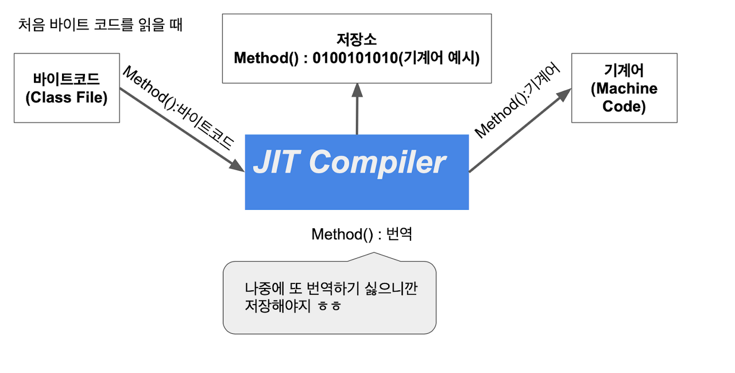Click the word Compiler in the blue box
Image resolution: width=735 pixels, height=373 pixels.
(377, 163)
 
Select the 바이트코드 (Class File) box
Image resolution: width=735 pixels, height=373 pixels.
(67, 87)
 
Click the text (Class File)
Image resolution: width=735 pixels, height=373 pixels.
(67, 98)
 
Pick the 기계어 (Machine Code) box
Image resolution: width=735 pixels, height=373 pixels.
(624, 87)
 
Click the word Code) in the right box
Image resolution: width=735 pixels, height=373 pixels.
(624, 107)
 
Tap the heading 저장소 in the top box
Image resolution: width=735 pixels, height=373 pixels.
(357, 40)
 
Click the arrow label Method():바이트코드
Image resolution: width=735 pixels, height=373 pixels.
(179, 108)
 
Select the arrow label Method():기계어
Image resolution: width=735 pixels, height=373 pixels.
(516, 101)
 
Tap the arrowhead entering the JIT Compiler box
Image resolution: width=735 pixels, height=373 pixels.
(238, 166)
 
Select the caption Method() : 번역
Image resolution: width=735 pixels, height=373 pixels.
(361, 234)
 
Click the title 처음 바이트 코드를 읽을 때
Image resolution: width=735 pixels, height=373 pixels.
(100, 26)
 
